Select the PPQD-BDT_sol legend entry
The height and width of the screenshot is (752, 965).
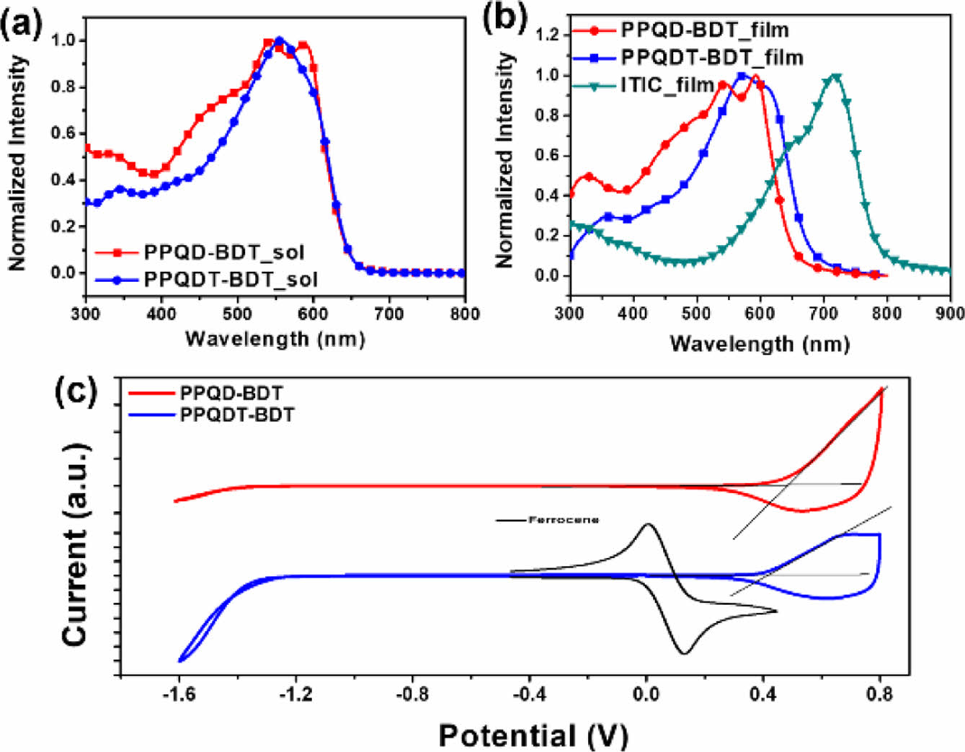point(224,252)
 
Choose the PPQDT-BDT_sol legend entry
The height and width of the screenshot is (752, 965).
point(231,279)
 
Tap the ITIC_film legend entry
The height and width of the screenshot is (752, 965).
point(667,85)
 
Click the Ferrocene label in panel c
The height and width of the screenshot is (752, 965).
point(564,520)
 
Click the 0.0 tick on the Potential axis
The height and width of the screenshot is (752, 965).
point(646,695)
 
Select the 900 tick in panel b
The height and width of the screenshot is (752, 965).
point(951,313)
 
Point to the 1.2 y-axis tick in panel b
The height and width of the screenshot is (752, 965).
point(550,35)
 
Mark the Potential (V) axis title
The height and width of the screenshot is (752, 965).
point(533,735)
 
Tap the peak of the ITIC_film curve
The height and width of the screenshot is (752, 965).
point(836,75)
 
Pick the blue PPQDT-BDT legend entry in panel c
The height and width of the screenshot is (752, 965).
point(236,415)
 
